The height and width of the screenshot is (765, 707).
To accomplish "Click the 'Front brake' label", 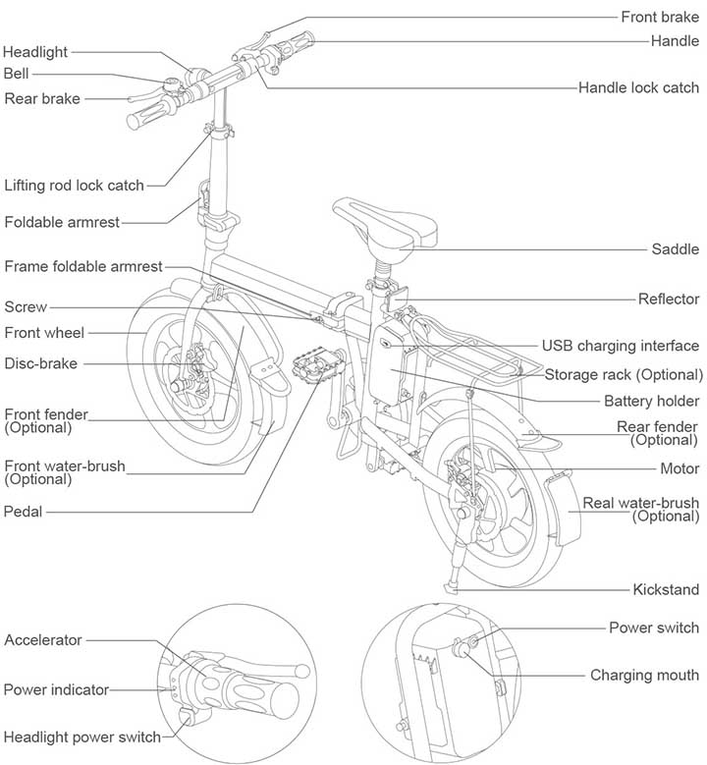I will pos(660,17).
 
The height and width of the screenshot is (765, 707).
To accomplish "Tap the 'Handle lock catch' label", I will pos(638,87).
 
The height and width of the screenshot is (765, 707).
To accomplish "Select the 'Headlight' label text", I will pos(36,52).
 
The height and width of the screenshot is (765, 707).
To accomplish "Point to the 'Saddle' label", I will pos(676,248).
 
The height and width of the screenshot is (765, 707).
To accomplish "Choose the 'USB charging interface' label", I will pos(621,346).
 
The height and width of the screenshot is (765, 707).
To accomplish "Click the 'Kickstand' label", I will pos(667,589).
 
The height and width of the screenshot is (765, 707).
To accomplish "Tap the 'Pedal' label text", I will pos(24,511).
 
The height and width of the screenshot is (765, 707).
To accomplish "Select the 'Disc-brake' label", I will pos(40,363).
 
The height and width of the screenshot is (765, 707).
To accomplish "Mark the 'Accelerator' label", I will pos(43,640).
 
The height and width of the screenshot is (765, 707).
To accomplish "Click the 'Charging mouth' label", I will pos(644,675).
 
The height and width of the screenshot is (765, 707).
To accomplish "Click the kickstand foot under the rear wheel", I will pos(453,590).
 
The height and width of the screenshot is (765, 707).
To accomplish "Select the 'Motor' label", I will pos(679,469).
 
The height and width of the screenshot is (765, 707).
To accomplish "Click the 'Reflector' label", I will pos(669,300).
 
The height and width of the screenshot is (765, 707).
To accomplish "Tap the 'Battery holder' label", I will pos(651,401).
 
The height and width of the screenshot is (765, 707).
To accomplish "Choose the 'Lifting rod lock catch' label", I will pos(74,185).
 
